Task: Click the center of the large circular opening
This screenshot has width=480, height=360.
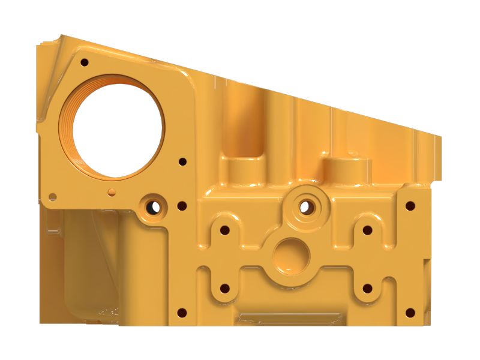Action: click(118, 127)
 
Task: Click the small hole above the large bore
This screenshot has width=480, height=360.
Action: click(84, 62)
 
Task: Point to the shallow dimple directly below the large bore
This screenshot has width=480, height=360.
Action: click(111, 191)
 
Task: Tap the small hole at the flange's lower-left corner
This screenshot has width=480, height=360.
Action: click(53, 196)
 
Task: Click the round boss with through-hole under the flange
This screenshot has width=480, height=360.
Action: click(154, 207)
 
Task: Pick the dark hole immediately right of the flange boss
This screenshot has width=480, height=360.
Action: click(181, 206)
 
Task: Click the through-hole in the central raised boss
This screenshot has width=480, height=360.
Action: click(305, 206)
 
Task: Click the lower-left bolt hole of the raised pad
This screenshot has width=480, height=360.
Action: click(225, 288)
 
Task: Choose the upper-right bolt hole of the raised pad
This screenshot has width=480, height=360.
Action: click(367, 230)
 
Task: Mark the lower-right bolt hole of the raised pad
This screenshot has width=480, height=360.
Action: click(367, 288)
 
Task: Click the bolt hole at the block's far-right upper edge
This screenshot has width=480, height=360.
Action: click(410, 206)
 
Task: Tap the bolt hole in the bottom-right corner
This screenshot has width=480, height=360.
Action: click(410, 312)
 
